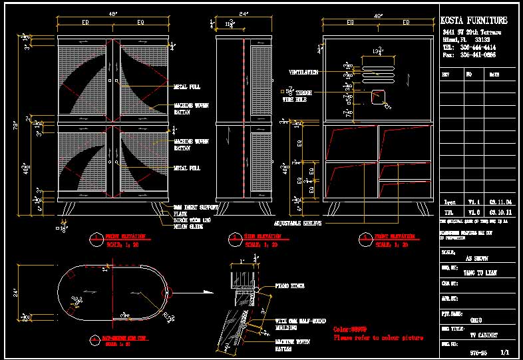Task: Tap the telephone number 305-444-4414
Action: pos(478,48)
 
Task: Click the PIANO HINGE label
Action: pos(290,286)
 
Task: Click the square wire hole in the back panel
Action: pos(378,96)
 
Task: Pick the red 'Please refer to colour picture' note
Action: pos(378,338)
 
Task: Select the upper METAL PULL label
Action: pos(187,87)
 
